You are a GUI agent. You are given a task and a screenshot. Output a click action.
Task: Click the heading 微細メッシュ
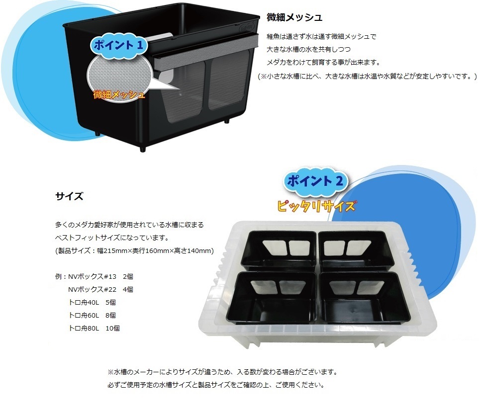point(294,17)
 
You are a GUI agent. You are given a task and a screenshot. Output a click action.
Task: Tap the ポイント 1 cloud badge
point(118,46)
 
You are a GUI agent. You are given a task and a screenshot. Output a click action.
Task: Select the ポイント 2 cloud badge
point(315,181)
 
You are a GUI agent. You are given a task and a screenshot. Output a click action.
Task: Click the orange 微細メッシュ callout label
point(119,94)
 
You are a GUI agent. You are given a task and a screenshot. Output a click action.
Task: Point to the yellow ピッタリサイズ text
point(316,206)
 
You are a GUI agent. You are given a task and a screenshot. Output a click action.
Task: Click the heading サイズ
point(69,196)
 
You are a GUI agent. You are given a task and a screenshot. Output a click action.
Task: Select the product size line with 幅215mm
point(134,251)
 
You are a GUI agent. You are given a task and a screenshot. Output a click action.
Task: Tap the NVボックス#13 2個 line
point(94,277)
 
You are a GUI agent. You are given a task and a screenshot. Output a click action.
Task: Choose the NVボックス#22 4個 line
point(100,289)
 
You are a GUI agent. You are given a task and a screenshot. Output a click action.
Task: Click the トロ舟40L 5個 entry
point(92,303)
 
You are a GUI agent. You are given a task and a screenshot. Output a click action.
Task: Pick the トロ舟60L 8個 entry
point(92,316)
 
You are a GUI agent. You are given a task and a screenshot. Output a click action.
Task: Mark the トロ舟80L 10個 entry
point(94,328)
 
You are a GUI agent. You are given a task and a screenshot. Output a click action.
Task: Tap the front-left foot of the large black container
point(142,149)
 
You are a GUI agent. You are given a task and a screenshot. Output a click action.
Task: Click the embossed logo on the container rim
point(246,28)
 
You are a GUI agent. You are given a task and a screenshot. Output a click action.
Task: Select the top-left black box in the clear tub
point(279,250)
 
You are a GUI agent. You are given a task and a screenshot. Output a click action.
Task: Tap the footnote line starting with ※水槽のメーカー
point(223,372)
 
